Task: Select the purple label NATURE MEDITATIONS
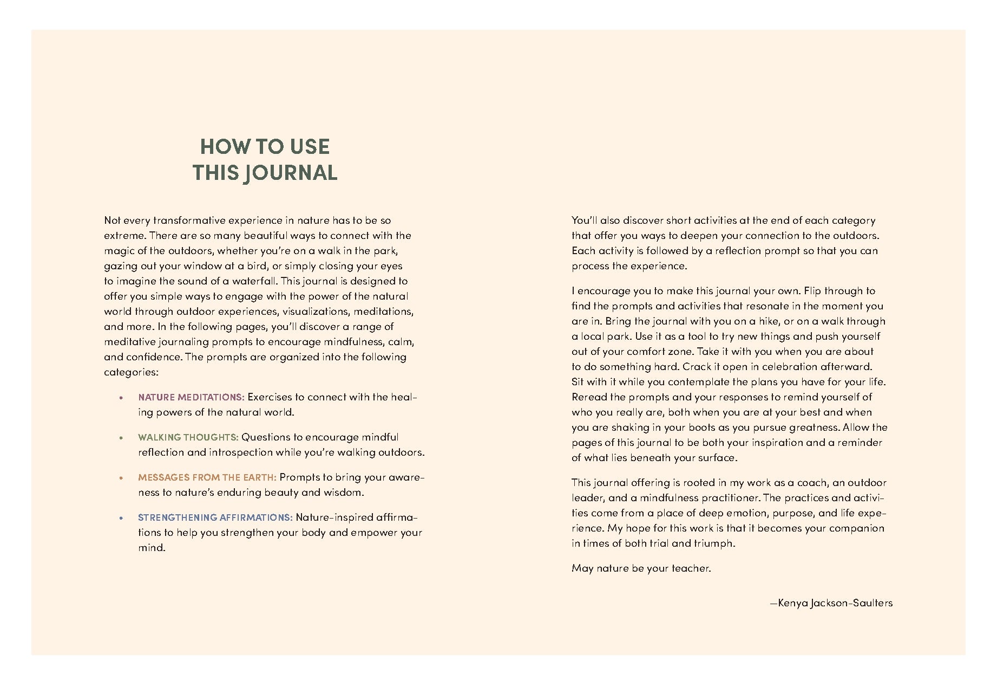[191, 397]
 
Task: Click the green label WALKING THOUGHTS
[188, 437]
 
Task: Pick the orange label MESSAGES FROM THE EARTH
[207, 477]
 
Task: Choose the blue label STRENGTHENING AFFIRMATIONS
[215, 517]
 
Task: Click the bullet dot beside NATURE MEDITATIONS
[122, 398]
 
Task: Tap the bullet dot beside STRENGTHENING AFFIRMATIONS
[122, 518]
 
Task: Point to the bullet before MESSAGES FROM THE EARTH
[122, 478]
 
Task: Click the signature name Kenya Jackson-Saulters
[835, 603]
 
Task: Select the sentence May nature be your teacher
[641, 568]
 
